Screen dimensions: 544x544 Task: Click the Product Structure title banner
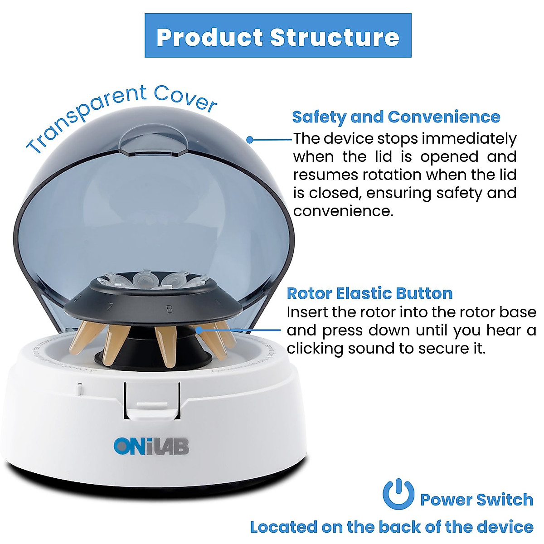(x=277, y=36)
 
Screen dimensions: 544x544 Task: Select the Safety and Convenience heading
(x=396, y=117)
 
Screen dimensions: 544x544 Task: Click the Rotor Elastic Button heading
(x=369, y=293)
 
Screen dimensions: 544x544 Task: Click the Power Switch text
(x=476, y=499)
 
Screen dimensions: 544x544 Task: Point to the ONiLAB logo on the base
(x=151, y=446)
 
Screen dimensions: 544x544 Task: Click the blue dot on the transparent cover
(x=250, y=140)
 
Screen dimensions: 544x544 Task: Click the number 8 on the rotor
(x=169, y=309)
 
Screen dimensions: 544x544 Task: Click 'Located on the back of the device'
(x=391, y=527)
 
